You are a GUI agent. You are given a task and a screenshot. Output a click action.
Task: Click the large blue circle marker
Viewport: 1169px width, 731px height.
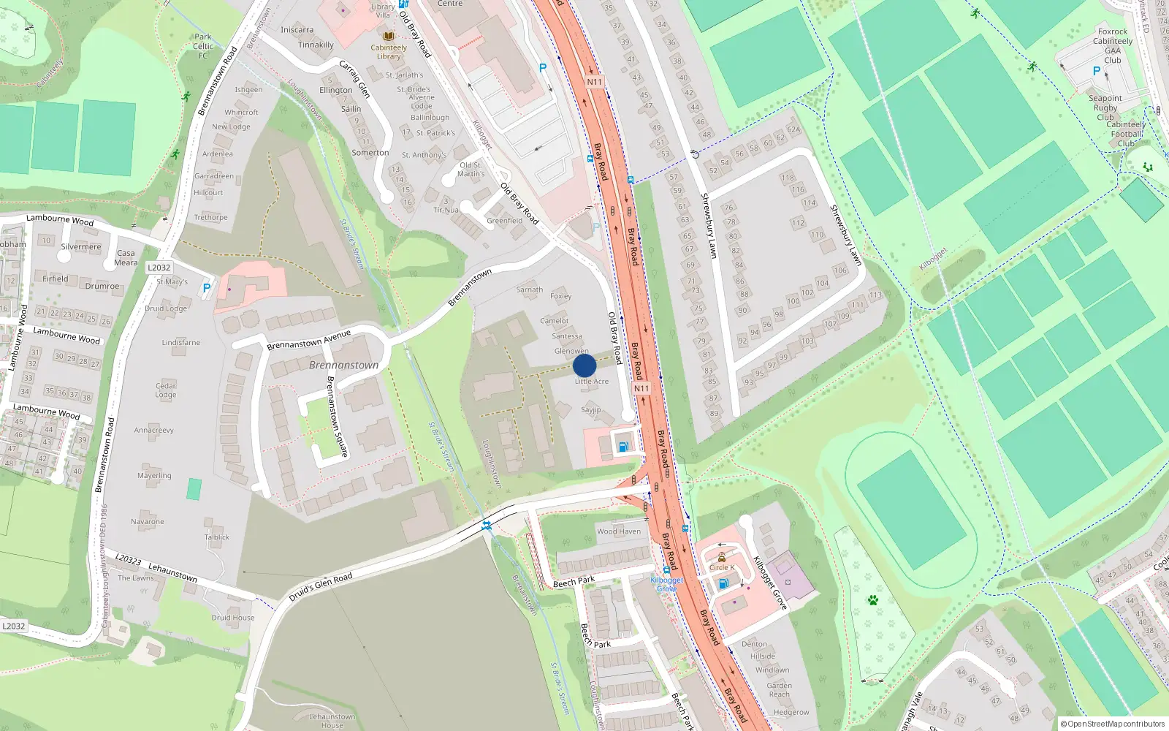(584, 365)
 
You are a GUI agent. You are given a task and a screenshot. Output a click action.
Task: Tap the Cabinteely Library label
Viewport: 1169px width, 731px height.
(389, 52)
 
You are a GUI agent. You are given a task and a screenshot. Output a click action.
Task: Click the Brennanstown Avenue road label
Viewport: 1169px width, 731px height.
(308, 340)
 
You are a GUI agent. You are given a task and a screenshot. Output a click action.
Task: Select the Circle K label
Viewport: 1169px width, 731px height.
(722, 567)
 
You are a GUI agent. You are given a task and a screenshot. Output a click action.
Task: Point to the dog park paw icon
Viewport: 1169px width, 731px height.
(872, 600)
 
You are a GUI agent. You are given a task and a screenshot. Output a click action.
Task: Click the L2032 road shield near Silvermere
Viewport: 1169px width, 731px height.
(159, 268)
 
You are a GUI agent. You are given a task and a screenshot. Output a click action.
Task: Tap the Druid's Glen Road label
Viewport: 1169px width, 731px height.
(320, 587)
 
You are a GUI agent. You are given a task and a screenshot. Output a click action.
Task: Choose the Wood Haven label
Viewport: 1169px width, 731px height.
(618, 531)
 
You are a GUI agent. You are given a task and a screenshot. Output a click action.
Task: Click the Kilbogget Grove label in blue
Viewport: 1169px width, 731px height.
(666, 584)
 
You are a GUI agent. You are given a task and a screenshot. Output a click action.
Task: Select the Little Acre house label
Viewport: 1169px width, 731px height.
(591, 382)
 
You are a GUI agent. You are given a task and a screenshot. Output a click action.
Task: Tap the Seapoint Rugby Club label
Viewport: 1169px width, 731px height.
(1105, 107)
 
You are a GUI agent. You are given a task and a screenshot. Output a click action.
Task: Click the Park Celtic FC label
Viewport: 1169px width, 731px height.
(203, 46)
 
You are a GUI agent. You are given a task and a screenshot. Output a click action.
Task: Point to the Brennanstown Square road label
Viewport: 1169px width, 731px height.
(337, 417)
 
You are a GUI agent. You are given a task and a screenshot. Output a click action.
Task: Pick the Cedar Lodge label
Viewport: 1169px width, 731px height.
(166, 390)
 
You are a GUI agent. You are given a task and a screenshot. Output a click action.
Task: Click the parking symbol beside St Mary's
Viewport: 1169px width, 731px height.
(207, 288)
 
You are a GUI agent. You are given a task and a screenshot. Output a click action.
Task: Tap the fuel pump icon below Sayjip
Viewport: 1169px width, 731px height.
(622, 446)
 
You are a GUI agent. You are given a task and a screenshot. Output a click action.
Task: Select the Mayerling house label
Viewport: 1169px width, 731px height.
(154, 476)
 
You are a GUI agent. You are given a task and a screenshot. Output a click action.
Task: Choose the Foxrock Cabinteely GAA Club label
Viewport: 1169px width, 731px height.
(1113, 46)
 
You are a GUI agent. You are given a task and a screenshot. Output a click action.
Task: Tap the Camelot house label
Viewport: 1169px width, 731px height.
(554, 321)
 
